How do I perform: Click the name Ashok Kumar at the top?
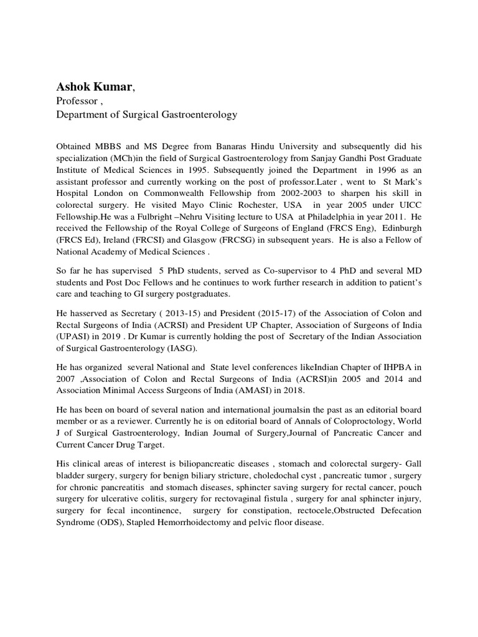(94, 88)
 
